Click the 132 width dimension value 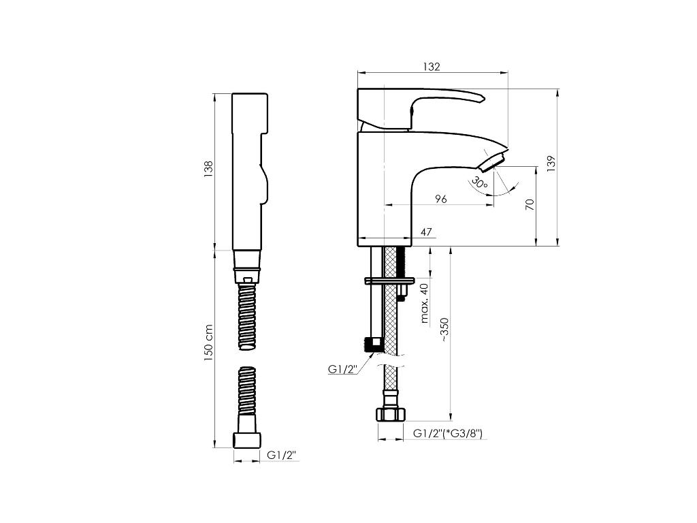432,67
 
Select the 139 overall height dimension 551,163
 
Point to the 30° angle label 479,182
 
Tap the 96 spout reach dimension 440,198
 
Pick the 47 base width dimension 426,232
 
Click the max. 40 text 425,302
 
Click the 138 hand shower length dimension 209,169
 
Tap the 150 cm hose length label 209,342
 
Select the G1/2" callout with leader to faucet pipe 343,369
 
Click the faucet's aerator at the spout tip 491,162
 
